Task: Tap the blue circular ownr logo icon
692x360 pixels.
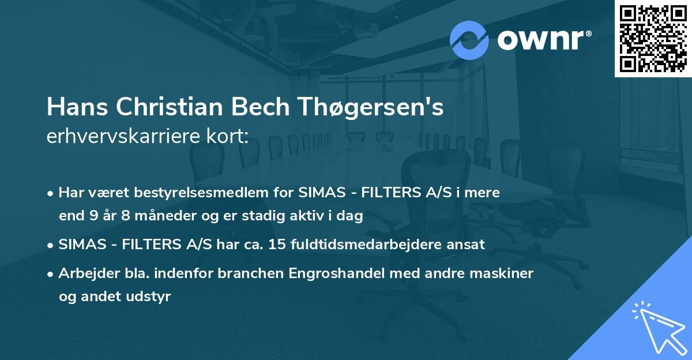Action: pos(469,40)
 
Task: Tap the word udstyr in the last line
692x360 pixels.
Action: pos(151,297)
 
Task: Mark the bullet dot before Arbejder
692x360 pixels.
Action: pos(51,273)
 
